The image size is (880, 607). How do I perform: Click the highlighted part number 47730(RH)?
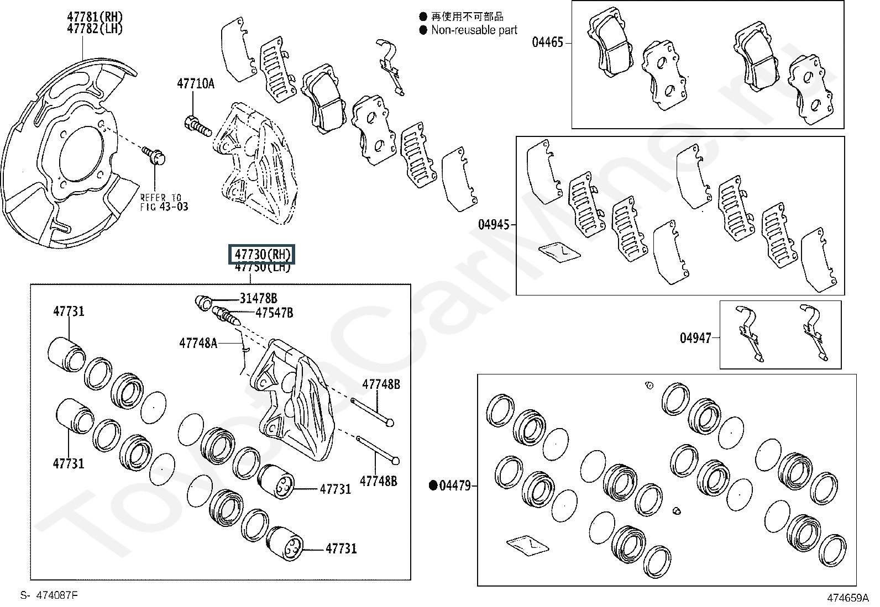(x=262, y=255)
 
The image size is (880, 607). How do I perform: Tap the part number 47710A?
(x=195, y=84)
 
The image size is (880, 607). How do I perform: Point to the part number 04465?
(x=547, y=42)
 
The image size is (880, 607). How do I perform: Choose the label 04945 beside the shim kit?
(x=494, y=225)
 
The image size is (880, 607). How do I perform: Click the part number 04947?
(x=695, y=337)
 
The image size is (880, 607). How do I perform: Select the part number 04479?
(x=455, y=486)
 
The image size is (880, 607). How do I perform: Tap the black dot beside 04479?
(x=433, y=486)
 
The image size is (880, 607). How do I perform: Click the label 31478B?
(x=258, y=299)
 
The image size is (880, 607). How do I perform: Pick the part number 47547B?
(x=274, y=313)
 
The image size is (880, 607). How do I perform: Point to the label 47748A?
(x=198, y=343)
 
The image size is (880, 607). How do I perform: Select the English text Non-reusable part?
(x=474, y=30)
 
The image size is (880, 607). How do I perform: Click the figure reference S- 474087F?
(x=49, y=595)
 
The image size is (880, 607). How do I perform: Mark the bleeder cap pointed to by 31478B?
(x=203, y=302)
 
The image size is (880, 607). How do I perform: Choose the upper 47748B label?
(x=381, y=384)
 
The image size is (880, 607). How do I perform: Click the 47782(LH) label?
(x=95, y=29)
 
